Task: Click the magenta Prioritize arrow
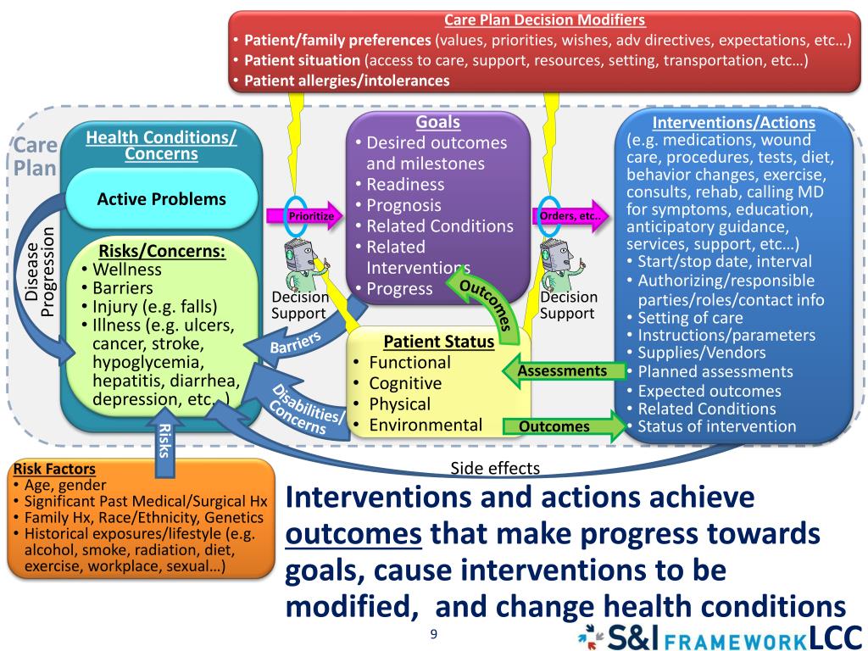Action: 306,216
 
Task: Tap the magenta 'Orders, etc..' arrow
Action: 570,216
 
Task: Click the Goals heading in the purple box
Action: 437,122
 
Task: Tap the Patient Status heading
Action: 438,342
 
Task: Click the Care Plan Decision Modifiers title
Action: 544,19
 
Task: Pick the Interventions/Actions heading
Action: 733,122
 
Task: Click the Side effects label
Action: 495,468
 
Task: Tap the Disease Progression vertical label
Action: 39,271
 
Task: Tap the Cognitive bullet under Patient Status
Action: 405,383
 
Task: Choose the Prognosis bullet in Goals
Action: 403,205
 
